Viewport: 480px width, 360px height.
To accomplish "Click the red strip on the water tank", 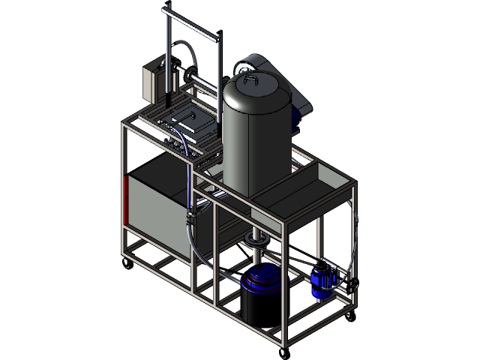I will (x=124, y=201).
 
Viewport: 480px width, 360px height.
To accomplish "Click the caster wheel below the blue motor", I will (x=348, y=316).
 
